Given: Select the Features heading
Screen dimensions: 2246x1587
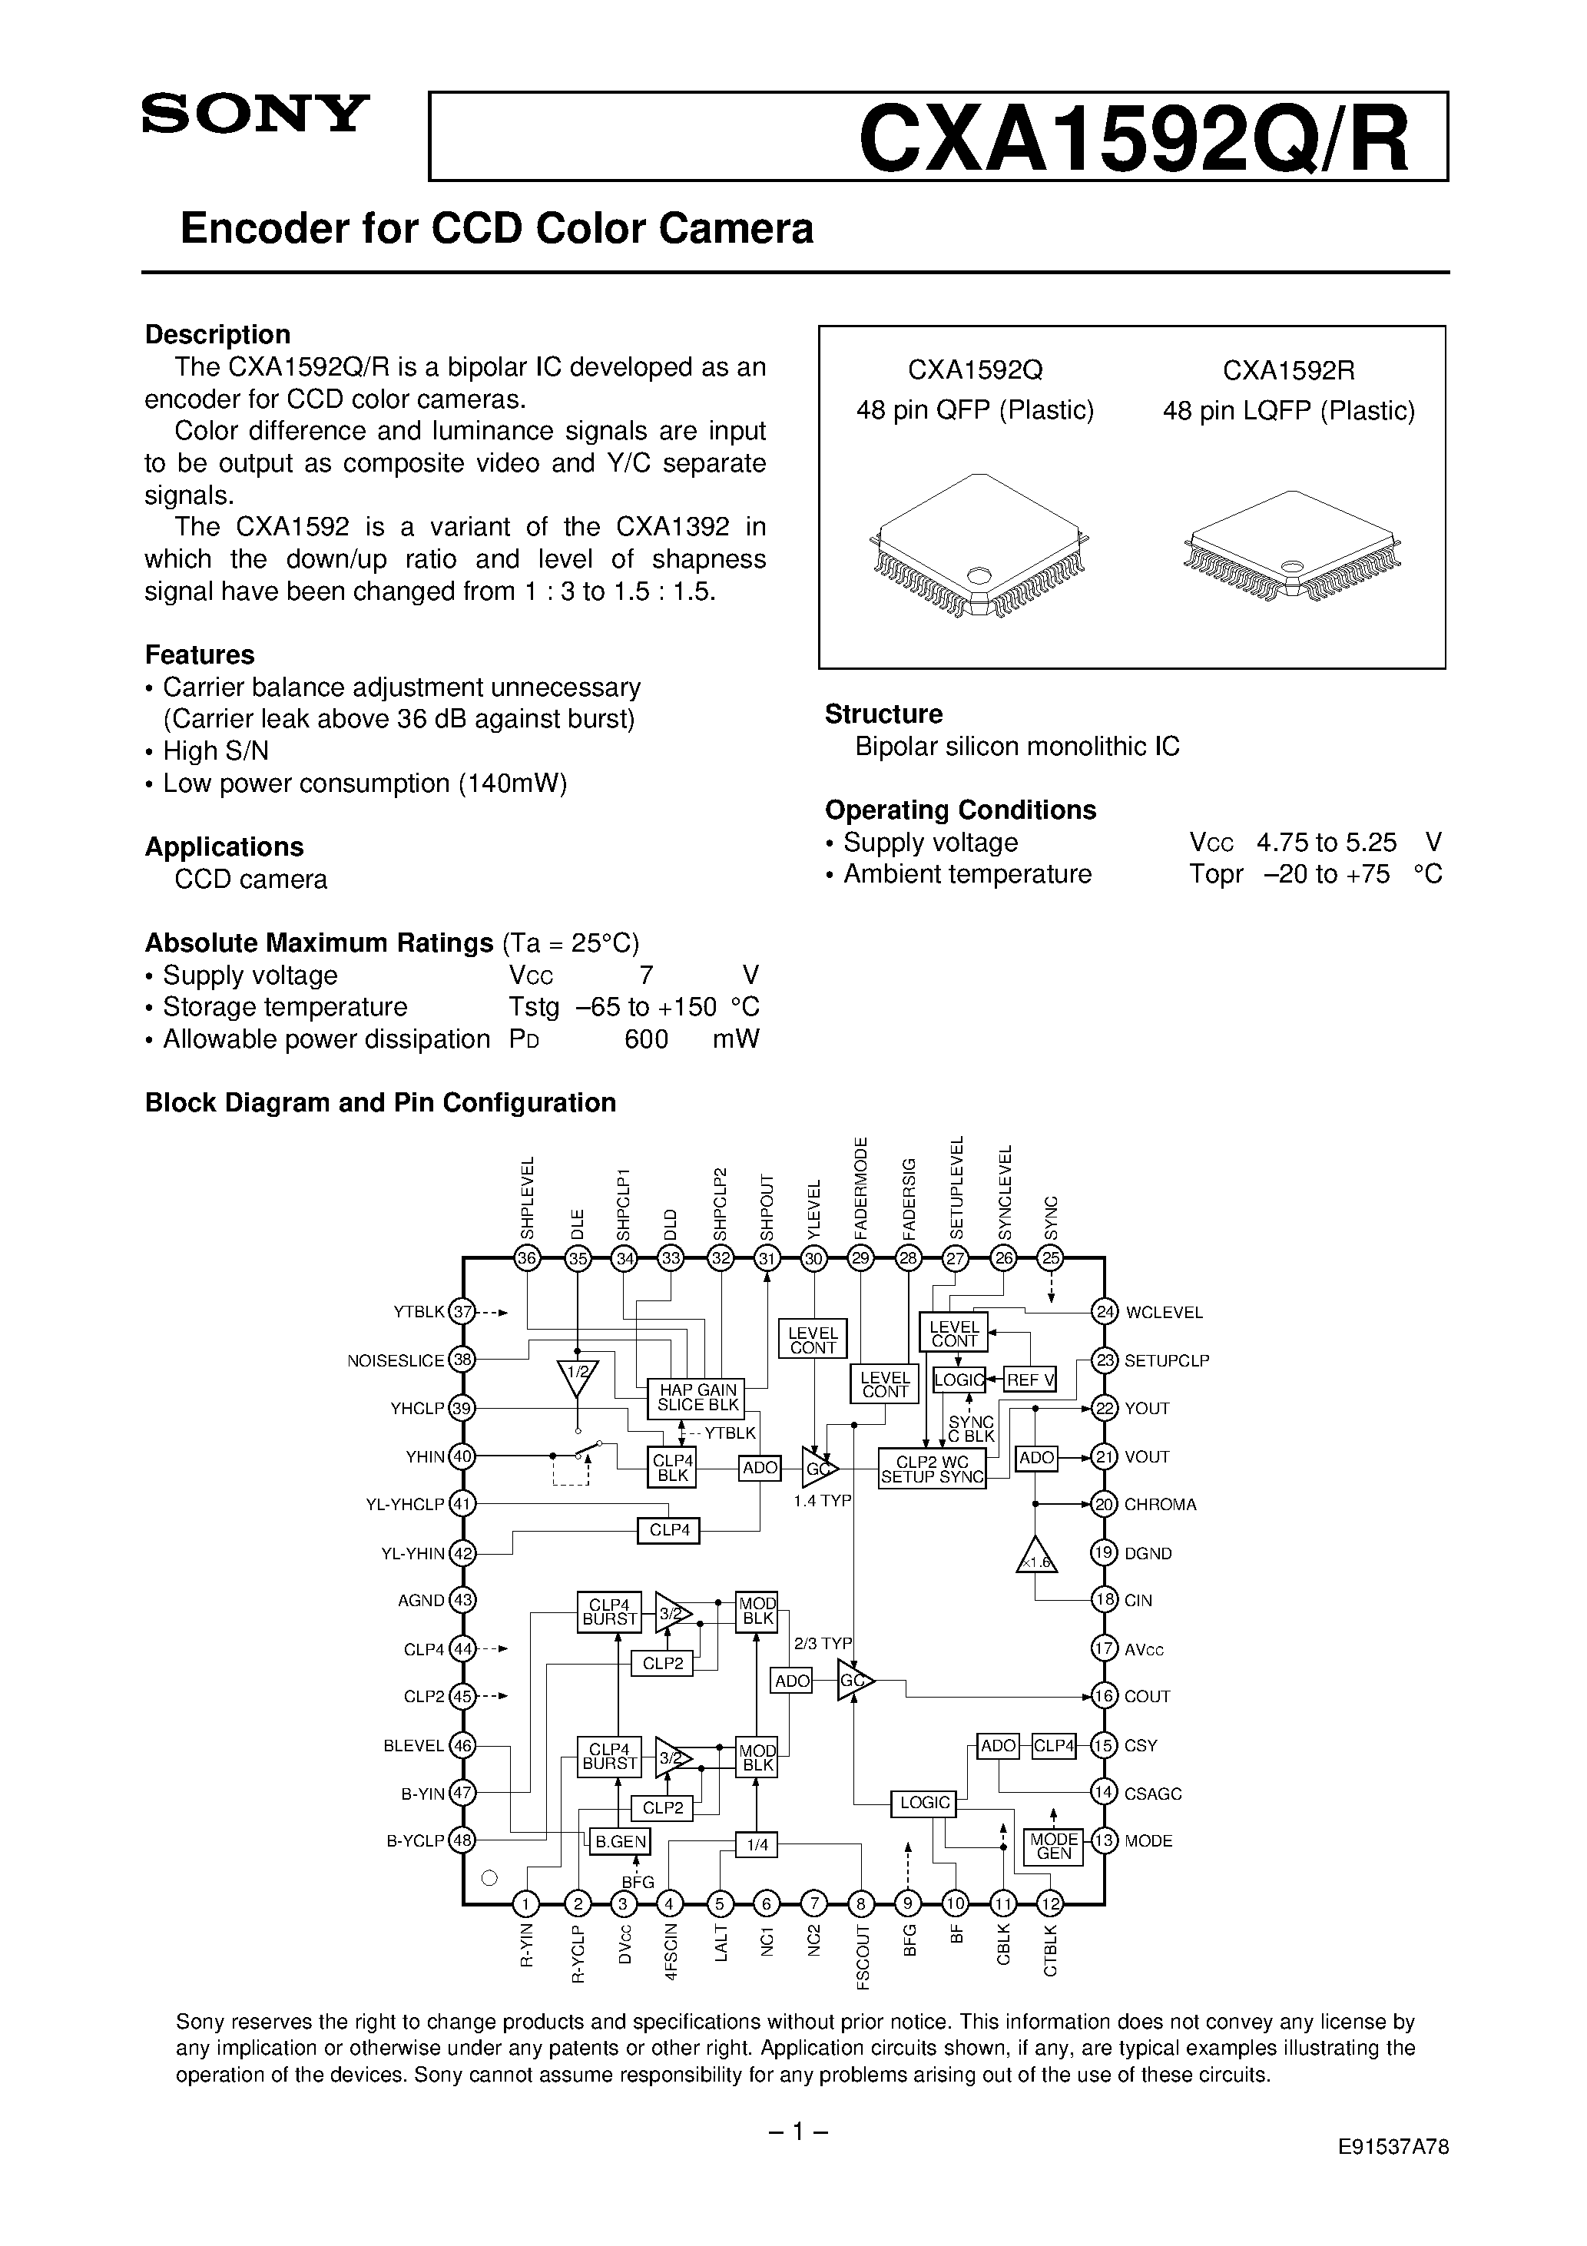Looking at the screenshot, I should (200, 654).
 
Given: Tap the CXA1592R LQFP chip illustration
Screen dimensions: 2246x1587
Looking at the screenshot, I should (1290, 548).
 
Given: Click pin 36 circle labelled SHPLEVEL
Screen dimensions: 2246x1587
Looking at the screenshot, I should (528, 1259).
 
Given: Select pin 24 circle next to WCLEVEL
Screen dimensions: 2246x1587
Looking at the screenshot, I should (1105, 1313).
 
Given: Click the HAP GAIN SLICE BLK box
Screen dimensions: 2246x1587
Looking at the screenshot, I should (696, 1398).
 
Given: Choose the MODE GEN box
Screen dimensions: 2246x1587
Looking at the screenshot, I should (1053, 1846).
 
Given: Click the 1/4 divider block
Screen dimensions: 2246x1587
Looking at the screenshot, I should (757, 1845).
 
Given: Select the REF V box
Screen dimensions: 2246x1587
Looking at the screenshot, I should (1030, 1380).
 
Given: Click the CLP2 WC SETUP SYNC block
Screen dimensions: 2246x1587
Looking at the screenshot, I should (932, 1469).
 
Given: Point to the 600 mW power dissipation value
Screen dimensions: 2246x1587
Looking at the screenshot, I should (646, 1039).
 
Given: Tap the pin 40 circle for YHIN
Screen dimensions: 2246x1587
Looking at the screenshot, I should (462, 1456).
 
